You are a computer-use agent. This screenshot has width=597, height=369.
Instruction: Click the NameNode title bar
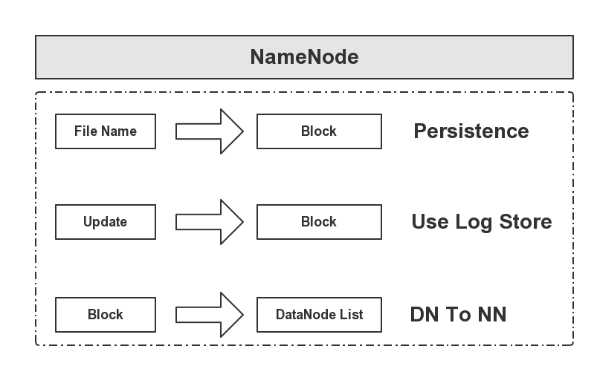(304, 57)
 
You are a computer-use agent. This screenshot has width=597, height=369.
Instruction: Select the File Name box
(106, 131)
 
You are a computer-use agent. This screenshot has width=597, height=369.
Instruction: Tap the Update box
(106, 222)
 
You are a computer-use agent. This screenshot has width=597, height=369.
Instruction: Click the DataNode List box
(319, 314)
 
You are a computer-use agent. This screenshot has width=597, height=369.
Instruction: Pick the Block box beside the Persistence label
(319, 131)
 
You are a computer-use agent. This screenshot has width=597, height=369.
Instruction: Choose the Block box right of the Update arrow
(319, 222)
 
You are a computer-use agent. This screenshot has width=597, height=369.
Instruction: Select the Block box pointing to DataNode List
(106, 314)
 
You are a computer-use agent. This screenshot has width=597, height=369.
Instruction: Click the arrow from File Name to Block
(210, 131)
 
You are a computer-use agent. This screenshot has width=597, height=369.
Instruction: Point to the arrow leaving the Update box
(210, 222)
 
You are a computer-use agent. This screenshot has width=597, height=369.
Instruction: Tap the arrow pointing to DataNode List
(210, 314)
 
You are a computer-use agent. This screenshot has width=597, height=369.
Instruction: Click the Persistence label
(471, 131)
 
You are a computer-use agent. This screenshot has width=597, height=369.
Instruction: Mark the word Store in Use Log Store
(524, 222)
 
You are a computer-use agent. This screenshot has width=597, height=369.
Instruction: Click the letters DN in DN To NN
(424, 314)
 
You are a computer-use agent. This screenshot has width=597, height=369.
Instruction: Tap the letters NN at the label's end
(491, 314)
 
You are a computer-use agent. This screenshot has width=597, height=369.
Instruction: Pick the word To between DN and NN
(457, 314)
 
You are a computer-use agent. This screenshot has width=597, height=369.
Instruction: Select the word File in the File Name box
(85, 131)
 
